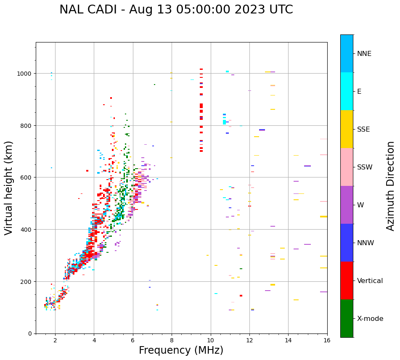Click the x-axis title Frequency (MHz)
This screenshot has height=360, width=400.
181,350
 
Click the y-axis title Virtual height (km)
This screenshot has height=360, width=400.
9,188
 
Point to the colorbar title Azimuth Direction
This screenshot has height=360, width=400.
391,186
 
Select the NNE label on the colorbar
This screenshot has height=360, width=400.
364,54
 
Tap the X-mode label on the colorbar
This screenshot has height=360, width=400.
370,319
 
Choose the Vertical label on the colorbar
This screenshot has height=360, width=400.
370,281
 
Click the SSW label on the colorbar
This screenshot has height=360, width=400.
365,167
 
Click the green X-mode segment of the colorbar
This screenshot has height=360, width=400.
347,318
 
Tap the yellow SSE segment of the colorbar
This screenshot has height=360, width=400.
347,129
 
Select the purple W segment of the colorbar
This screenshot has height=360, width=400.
347,205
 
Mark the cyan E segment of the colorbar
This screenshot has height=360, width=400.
347,91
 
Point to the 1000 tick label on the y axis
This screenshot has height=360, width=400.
25,74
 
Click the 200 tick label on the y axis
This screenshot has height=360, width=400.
26,281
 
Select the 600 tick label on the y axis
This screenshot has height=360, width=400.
26,177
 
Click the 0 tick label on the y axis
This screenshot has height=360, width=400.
30,334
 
